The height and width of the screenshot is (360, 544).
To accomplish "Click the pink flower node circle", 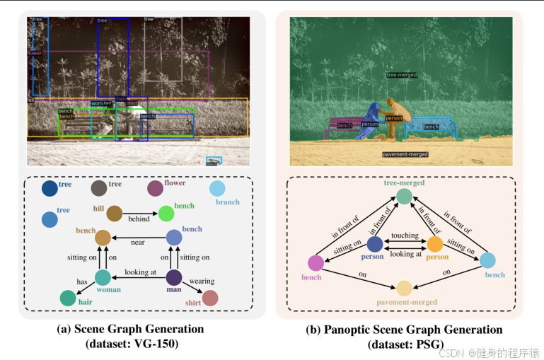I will point(155,189).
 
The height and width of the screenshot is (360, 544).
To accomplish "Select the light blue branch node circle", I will point(218,189).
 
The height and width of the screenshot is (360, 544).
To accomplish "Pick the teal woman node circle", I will point(103,278).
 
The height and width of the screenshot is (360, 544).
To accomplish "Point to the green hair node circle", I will point(68,298).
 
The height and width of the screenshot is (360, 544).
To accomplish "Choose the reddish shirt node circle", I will point(210,298).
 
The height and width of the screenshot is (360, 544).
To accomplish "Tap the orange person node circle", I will point(435,244).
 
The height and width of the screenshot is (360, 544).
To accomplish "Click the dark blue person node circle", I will point(375,244).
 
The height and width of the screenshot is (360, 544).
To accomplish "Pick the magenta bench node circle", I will point(316,263).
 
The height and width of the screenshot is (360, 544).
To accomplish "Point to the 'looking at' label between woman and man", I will point(141,272).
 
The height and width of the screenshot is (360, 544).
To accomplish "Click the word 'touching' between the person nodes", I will point(405,236).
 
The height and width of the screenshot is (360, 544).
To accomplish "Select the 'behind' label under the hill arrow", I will point(139,219).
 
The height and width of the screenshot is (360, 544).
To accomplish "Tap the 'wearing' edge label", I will point(202,281).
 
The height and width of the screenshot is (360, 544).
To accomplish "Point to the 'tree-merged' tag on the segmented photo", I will point(402,74).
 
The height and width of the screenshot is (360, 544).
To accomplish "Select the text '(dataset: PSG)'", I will point(405,344).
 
